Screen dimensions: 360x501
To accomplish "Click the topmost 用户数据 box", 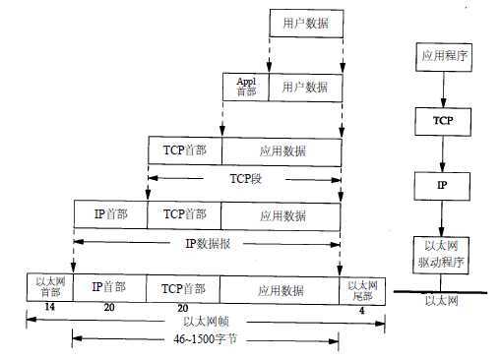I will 305,23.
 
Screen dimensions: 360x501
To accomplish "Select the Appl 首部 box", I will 246,87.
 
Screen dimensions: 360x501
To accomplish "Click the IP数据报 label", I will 206,242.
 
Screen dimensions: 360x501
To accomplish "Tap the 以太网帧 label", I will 206,320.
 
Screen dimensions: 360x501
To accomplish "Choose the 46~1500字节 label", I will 206,340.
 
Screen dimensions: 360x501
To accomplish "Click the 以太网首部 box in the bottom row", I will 48,287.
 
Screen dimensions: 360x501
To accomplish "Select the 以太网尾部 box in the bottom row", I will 362,287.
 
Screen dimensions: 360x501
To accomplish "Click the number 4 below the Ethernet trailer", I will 361,309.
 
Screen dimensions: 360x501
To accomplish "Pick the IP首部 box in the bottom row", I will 109,287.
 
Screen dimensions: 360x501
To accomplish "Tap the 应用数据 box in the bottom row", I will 280,287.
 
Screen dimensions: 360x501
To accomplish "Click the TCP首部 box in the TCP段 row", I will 184,150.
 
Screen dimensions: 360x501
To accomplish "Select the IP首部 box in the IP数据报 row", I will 110,213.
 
